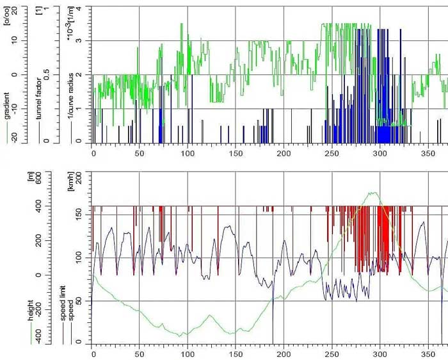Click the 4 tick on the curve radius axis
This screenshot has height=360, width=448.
point(79,8)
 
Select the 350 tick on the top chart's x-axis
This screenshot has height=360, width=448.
point(428,154)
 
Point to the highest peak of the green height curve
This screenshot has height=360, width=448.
point(371,192)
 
